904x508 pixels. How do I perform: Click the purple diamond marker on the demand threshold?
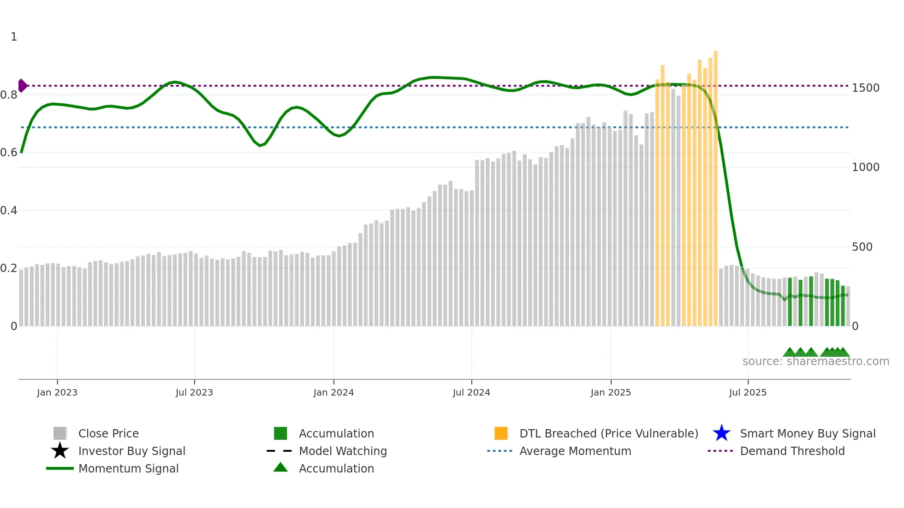(x=22, y=86)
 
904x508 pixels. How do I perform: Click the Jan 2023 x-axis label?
(x=57, y=393)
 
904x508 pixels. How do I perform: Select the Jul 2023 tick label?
(x=194, y=393)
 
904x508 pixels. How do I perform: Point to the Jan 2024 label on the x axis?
(x=333, y=393)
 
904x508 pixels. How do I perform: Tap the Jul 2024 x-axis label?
(x=471, y=393)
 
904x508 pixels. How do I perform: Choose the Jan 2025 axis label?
(x=611, y=393)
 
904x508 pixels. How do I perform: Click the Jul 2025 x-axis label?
(x=748, y=393)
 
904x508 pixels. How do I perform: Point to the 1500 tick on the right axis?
(x=866, y=88)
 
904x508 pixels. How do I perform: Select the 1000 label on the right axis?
(x=866, y=167)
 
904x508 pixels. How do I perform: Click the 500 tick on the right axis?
(x=862, y=247)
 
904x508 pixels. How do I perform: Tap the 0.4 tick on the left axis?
(x=9, y=211)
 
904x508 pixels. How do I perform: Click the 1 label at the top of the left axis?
(x=14, y=37)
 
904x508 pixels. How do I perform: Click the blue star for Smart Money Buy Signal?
(x=721, y=433)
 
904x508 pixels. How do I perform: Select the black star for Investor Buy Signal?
(x=60, y=451)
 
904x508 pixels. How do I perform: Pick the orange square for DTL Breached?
(x=501, y=433)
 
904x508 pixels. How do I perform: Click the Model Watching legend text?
(x=343, y=451)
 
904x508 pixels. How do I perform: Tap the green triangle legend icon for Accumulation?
(x=280, y=468)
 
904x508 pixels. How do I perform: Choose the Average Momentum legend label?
(x=575, y=451)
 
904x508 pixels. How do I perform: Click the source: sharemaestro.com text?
(x=815, y=361)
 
